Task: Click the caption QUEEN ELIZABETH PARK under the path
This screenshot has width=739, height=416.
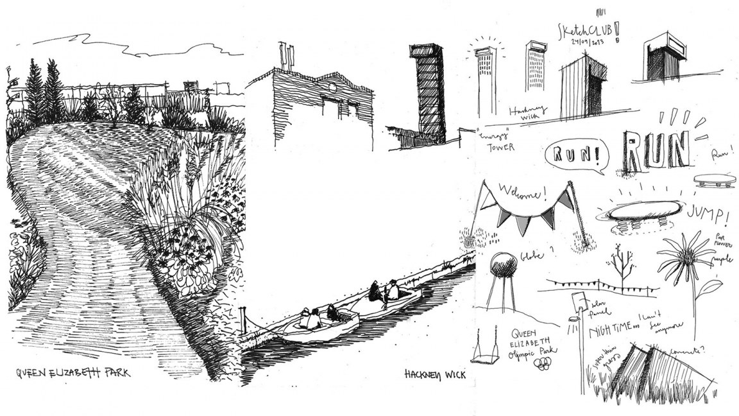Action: [72, 373]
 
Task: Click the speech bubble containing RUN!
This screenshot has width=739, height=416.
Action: [573, 156]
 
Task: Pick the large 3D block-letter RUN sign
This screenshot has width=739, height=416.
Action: [657, 150]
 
